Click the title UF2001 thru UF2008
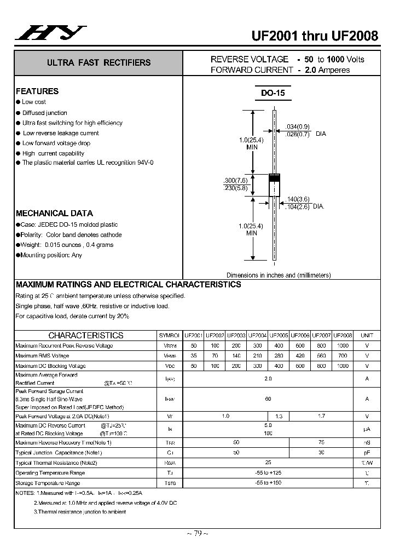click(315, 36)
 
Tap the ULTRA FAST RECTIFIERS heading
click(99, 63)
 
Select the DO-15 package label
click(273, 94)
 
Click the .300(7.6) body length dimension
click(236, 180)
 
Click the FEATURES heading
click(37, 91)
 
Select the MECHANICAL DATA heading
click(54, 213)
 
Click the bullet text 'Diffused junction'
click(45, 113)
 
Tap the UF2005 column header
click(279, 335)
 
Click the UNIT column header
click(367, 335)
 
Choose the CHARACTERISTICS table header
click(86, 335)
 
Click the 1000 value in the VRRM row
click(343, 345)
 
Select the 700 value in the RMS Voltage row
click(343, 356)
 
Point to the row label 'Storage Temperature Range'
click(48, 483)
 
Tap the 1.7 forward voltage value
click(321, 417)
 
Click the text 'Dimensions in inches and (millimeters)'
click(279, 275)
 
